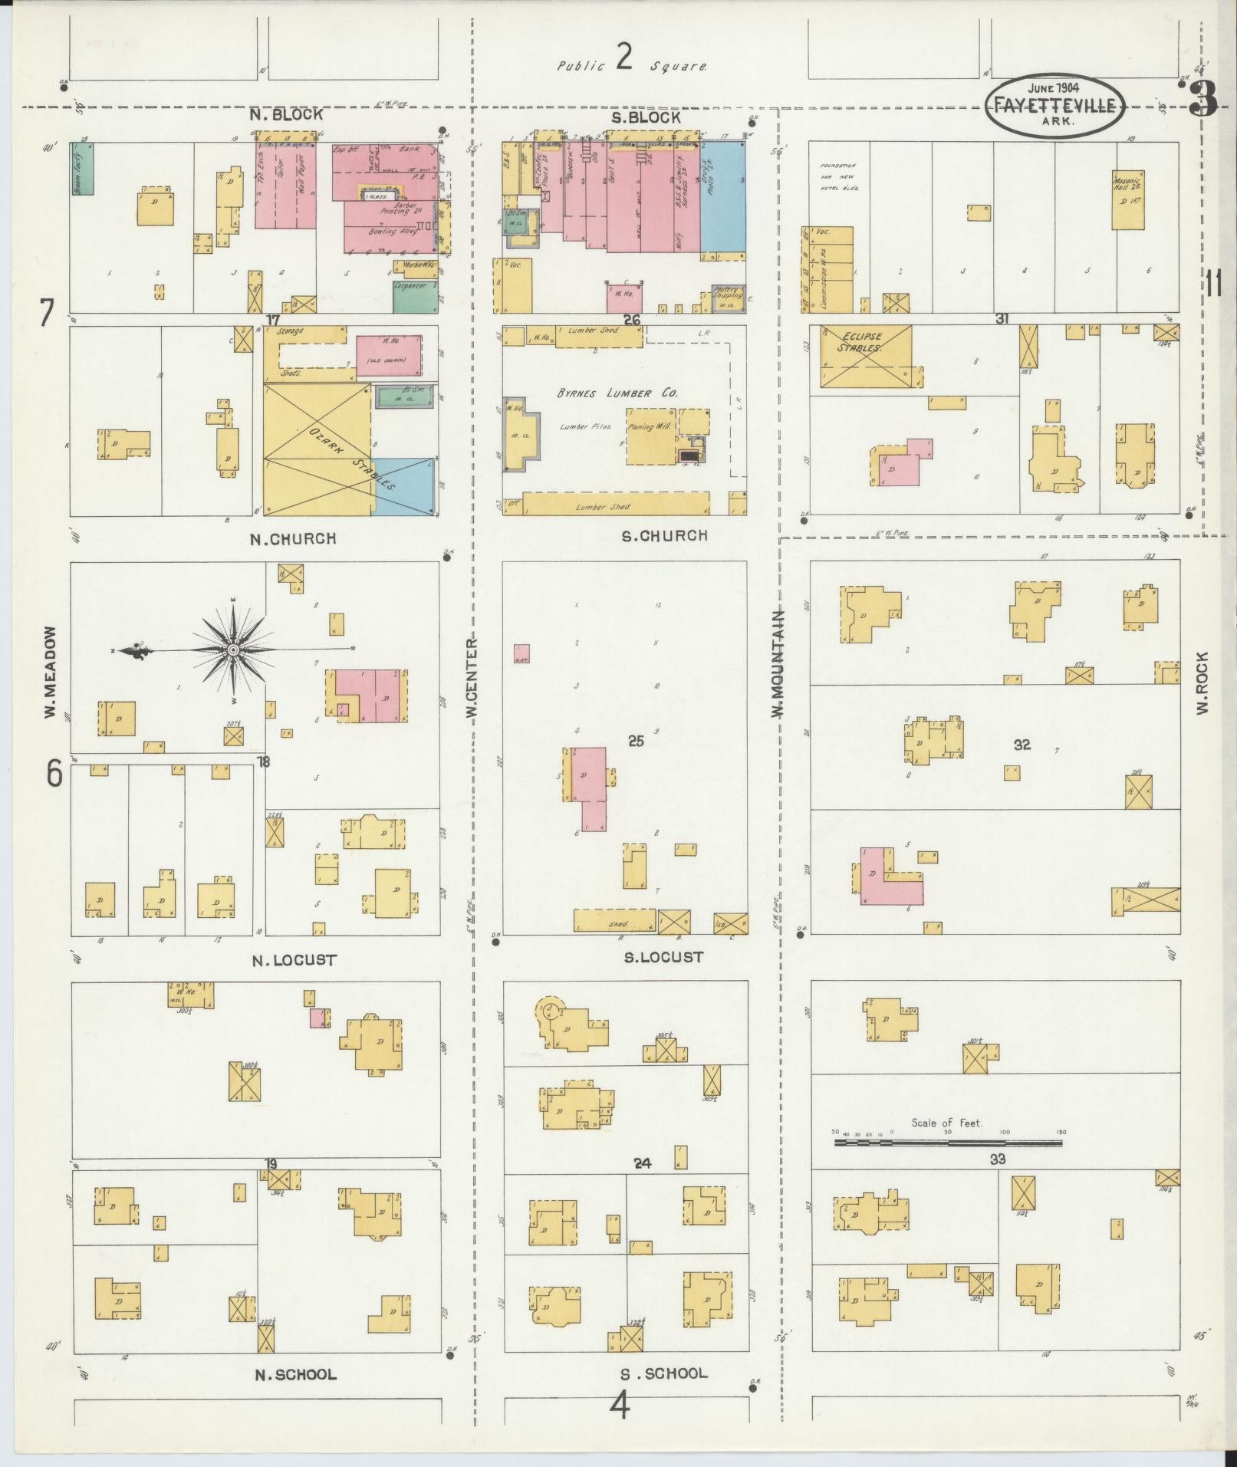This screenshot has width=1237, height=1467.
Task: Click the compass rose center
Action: (x=232, y=650)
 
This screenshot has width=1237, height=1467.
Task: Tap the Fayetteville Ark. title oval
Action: (x=1055, y=107)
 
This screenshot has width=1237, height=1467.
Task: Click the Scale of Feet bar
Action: (x=948, y=1143)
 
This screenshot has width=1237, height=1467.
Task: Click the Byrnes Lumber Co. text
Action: (x=617, y=393)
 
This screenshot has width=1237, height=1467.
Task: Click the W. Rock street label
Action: (x=1201, y=683)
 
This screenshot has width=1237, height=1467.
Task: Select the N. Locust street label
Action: (x=294, y=959)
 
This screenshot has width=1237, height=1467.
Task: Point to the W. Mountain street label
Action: (x=778, y=663)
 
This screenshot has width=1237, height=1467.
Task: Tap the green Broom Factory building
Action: (x=82, y=167)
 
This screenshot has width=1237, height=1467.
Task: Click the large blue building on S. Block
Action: (x=722, y=196)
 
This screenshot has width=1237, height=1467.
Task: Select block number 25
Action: (x=635, y=741)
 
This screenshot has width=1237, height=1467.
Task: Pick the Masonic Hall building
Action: (x=1128, y=199)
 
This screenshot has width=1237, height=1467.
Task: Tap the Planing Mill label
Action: (x=650, y=426)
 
